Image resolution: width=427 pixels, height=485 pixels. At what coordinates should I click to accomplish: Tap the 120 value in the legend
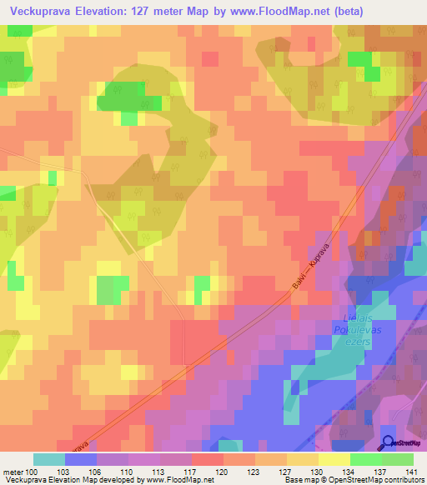coord(223,471)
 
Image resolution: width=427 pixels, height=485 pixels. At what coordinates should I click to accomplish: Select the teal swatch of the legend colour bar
coord(49,459)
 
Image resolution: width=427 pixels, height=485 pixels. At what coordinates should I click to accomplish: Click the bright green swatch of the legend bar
coord(365,459)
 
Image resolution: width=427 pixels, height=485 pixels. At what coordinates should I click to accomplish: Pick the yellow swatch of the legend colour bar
coord(334,459)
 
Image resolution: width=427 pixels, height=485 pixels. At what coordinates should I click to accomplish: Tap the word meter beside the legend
coord(13,471)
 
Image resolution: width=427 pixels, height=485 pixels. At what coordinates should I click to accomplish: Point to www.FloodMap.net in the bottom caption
coord(179,479)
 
